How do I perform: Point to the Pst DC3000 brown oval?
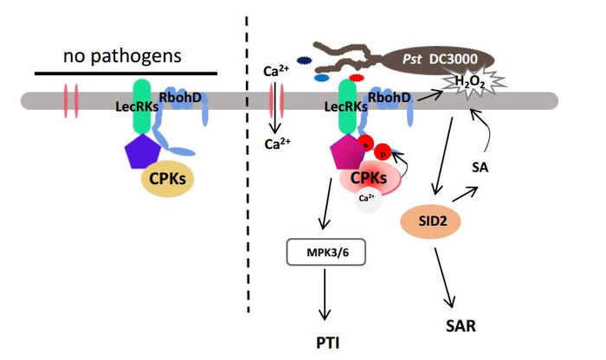[x=450, y=60]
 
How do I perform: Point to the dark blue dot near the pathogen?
[x=304, y=61]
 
